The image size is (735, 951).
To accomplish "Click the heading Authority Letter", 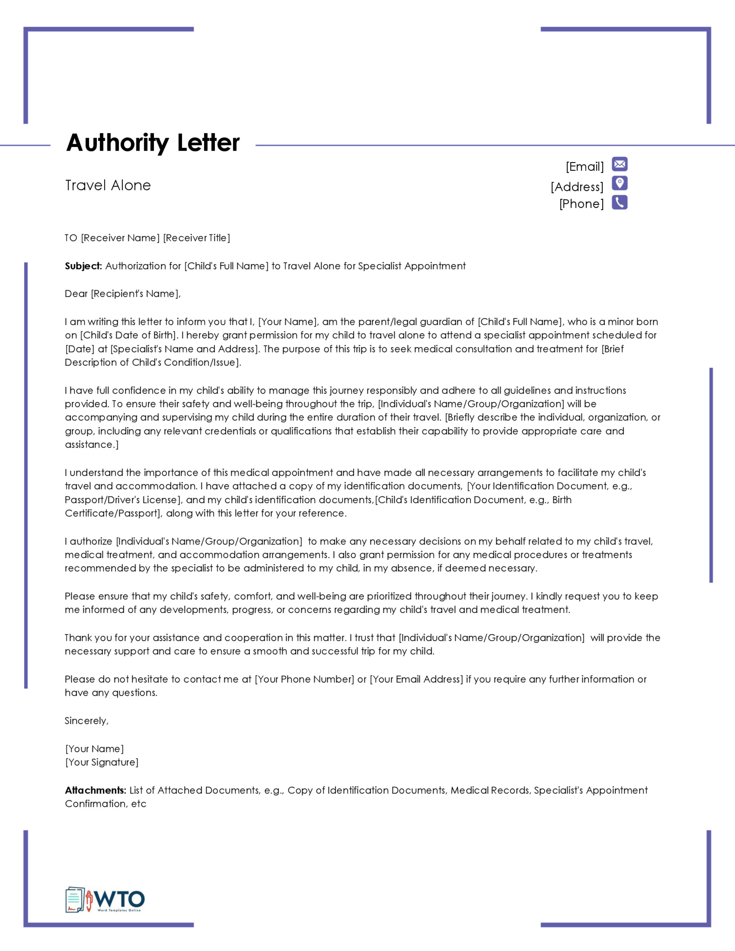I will (x=152, y=143).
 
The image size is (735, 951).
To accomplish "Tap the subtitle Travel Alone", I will (x=107, y=185).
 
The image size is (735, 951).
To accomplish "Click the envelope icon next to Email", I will (x=619, y=164).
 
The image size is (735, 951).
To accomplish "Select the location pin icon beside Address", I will (x=619, y=183).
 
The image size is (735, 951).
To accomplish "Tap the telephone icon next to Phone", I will (x=619, y=203).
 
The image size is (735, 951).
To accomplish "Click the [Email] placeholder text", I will (x=584, y=167).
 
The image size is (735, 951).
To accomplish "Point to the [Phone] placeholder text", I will (x=581, y=204).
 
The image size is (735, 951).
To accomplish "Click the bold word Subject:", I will (x=83, y=266).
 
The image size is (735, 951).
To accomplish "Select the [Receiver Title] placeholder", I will (x=196, y=238).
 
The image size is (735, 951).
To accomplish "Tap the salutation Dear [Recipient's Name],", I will (x=122, y=294).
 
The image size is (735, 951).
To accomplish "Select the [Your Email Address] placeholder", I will (x=416, y=679).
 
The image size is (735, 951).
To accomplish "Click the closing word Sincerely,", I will (x=86, y=721).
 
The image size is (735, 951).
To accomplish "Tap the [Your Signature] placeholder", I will (x=102, y=762).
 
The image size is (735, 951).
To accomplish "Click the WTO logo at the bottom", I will (x=105, y=900).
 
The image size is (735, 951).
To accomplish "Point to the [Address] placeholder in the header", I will (x=577, y=187).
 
